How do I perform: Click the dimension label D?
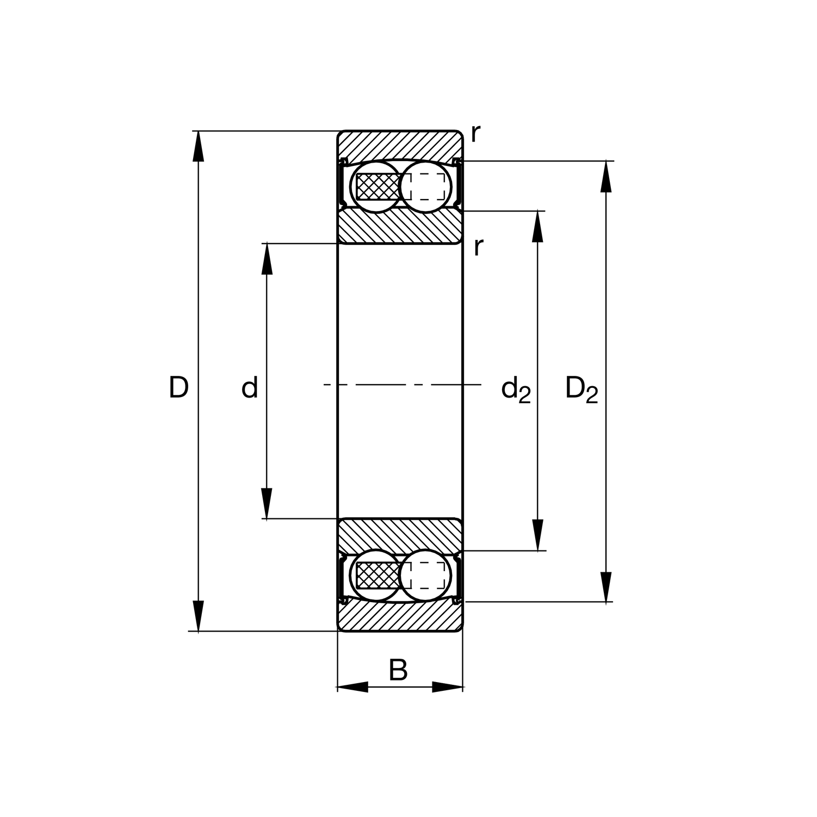[178, 388]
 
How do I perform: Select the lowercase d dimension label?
[250, 388]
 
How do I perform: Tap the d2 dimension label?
[515, 390]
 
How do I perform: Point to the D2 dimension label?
[581, 389]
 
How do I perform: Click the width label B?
[398, 670]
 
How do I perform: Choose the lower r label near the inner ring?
[478, 246]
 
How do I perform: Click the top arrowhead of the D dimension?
[199, 146]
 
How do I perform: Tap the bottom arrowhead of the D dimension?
[199, 616]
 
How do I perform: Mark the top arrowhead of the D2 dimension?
[606, 176]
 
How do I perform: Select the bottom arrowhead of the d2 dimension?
[537, 535]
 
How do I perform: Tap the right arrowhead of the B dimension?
[447, 687]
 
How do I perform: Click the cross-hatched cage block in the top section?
[377, 187]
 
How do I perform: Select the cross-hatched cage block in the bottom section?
[377, 575]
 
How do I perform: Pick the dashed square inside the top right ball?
[428, 187]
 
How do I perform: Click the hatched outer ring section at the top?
[400, 145]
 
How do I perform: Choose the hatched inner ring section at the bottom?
[400, 536]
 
